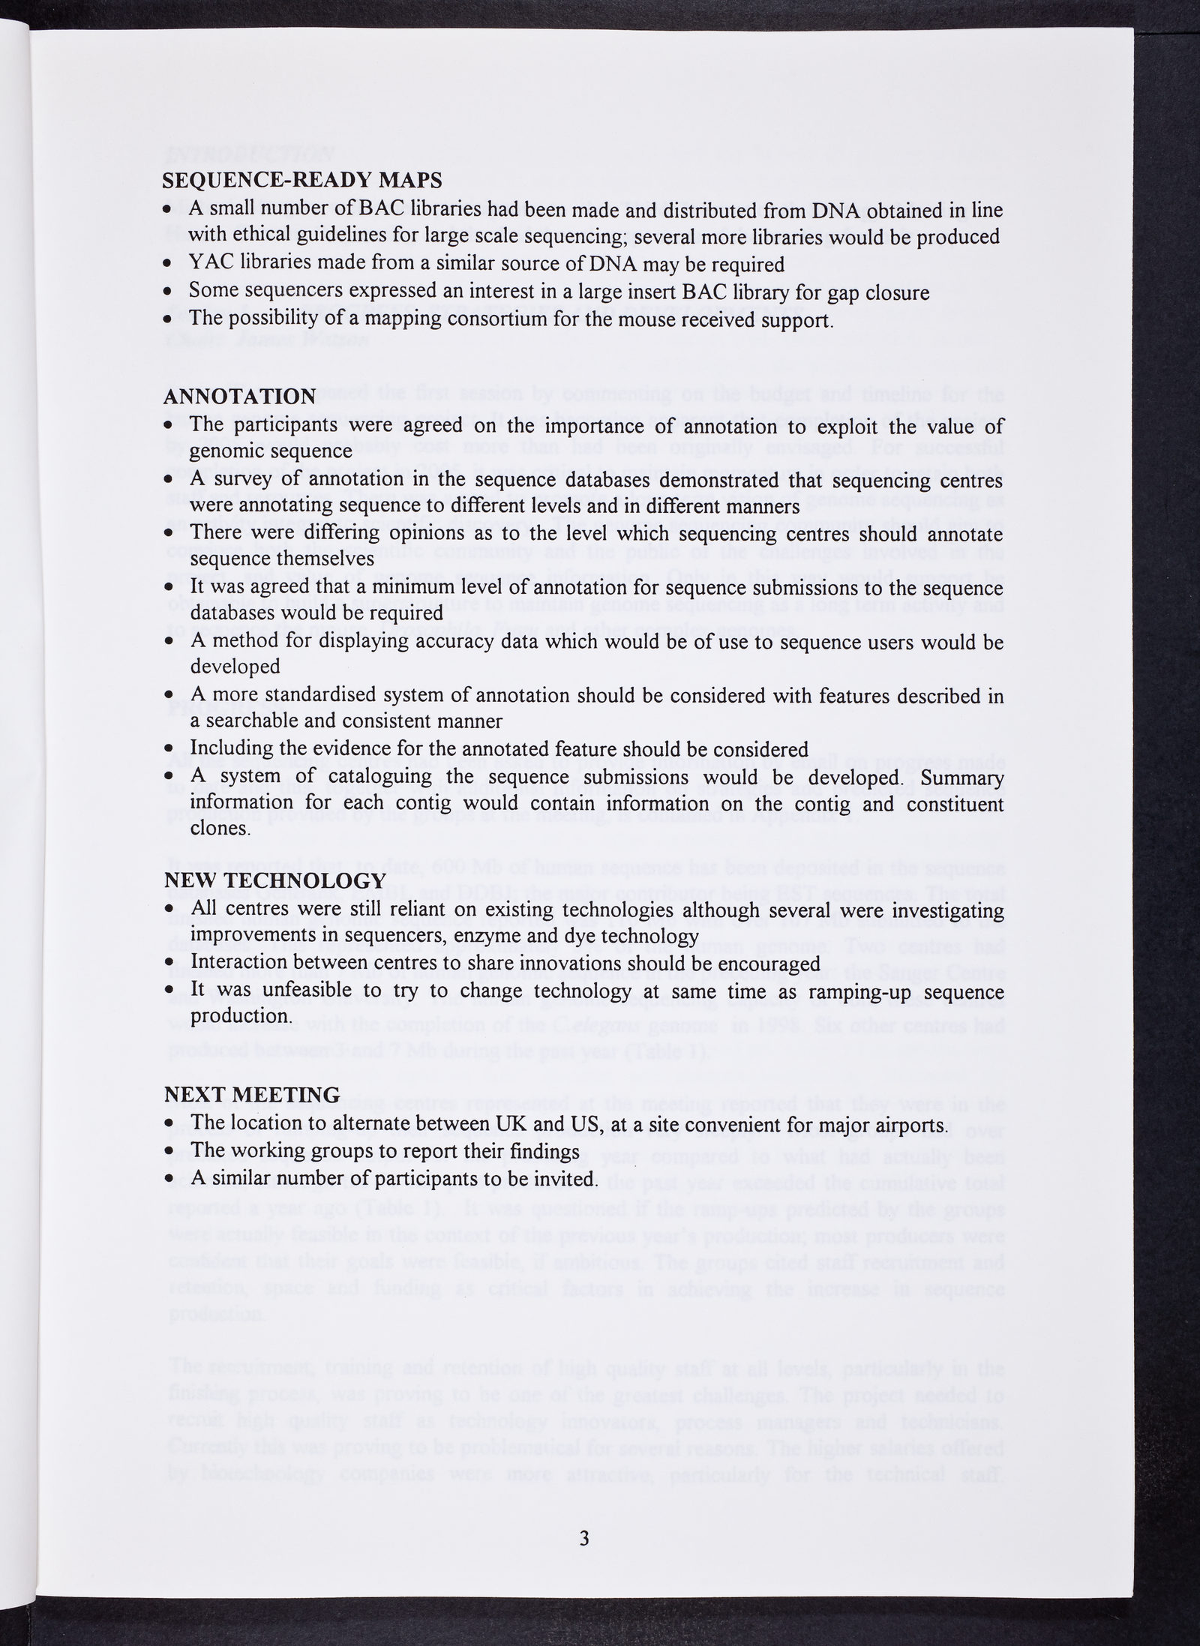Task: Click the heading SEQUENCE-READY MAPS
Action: pyautogui.click(x=303, y=181)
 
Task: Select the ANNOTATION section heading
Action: pyautogui.click(x=239, y=397)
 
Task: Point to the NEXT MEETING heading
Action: pyautogui.click(x=252, y=1095)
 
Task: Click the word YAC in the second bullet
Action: pyautogui.click(x=205, y=265)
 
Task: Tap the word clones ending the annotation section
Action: pyautogui.click(x=220, y=829)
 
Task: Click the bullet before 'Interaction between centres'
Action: pyautogui.click(x=169, y=964)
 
